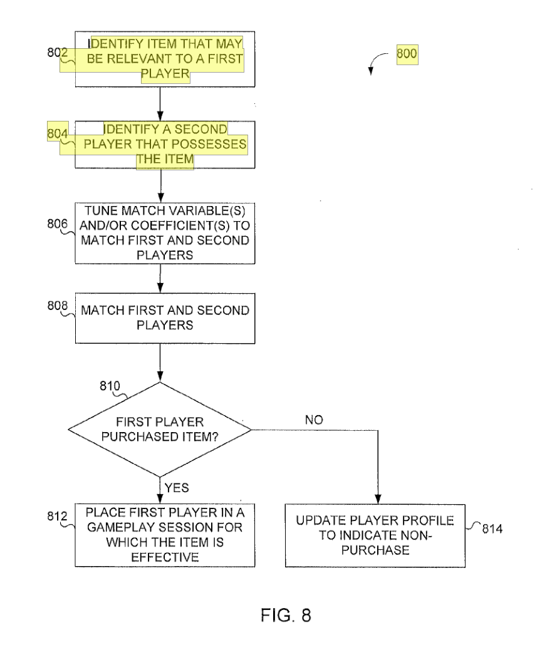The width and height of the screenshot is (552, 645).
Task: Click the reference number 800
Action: [x=407, y=54]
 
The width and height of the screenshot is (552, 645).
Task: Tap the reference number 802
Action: [x=57, y=53]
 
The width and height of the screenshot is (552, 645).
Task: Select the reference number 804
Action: [x=57, y=133]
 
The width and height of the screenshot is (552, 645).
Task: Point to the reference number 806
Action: [x=57, y=224]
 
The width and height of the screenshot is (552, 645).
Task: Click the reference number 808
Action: [x=57, y=306]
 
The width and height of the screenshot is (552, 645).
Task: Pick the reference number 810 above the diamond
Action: [x=110, y=386]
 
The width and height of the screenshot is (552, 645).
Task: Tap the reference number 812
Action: [x=57, y=516]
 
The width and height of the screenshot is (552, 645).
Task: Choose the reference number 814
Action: [x=492, y=529]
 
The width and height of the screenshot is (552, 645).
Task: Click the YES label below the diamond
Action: [x=177, y=488]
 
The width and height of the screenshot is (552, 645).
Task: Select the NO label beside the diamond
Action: [x=314, y=420]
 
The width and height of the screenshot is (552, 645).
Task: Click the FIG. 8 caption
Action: [x=286, y=616]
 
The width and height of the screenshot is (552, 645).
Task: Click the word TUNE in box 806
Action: [x=102, y=210]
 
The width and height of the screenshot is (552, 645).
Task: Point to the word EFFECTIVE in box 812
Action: [x=165, y=557]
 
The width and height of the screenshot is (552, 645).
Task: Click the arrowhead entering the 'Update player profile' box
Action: [x=378, y=499]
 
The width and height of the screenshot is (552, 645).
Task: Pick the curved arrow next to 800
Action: [x=375, y=60]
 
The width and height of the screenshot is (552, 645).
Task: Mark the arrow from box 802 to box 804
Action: [x=160, y=104]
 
